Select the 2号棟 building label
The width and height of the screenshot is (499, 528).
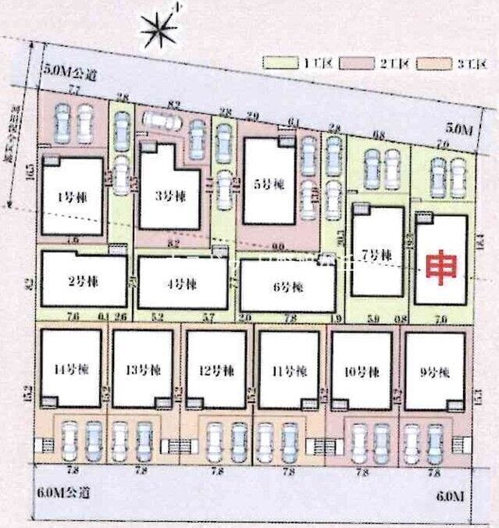tap(80, 280)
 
